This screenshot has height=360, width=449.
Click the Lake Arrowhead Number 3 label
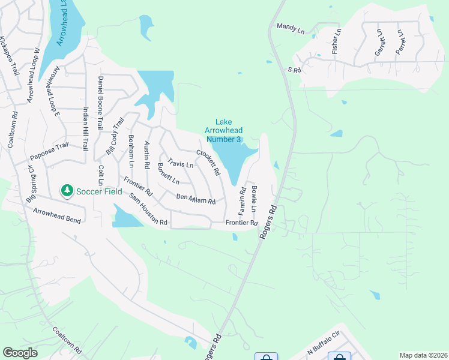point(223,131)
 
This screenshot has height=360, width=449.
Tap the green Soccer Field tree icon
point(67,190)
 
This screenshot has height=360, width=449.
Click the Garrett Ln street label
point(379,43)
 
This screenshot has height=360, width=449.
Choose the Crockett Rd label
point(208,163)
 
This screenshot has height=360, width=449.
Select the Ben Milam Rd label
point(196,199)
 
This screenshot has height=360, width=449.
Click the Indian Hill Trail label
point(86,128)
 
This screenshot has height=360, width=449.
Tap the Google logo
point(20,353)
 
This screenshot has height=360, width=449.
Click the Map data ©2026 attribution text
point(423,355)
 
